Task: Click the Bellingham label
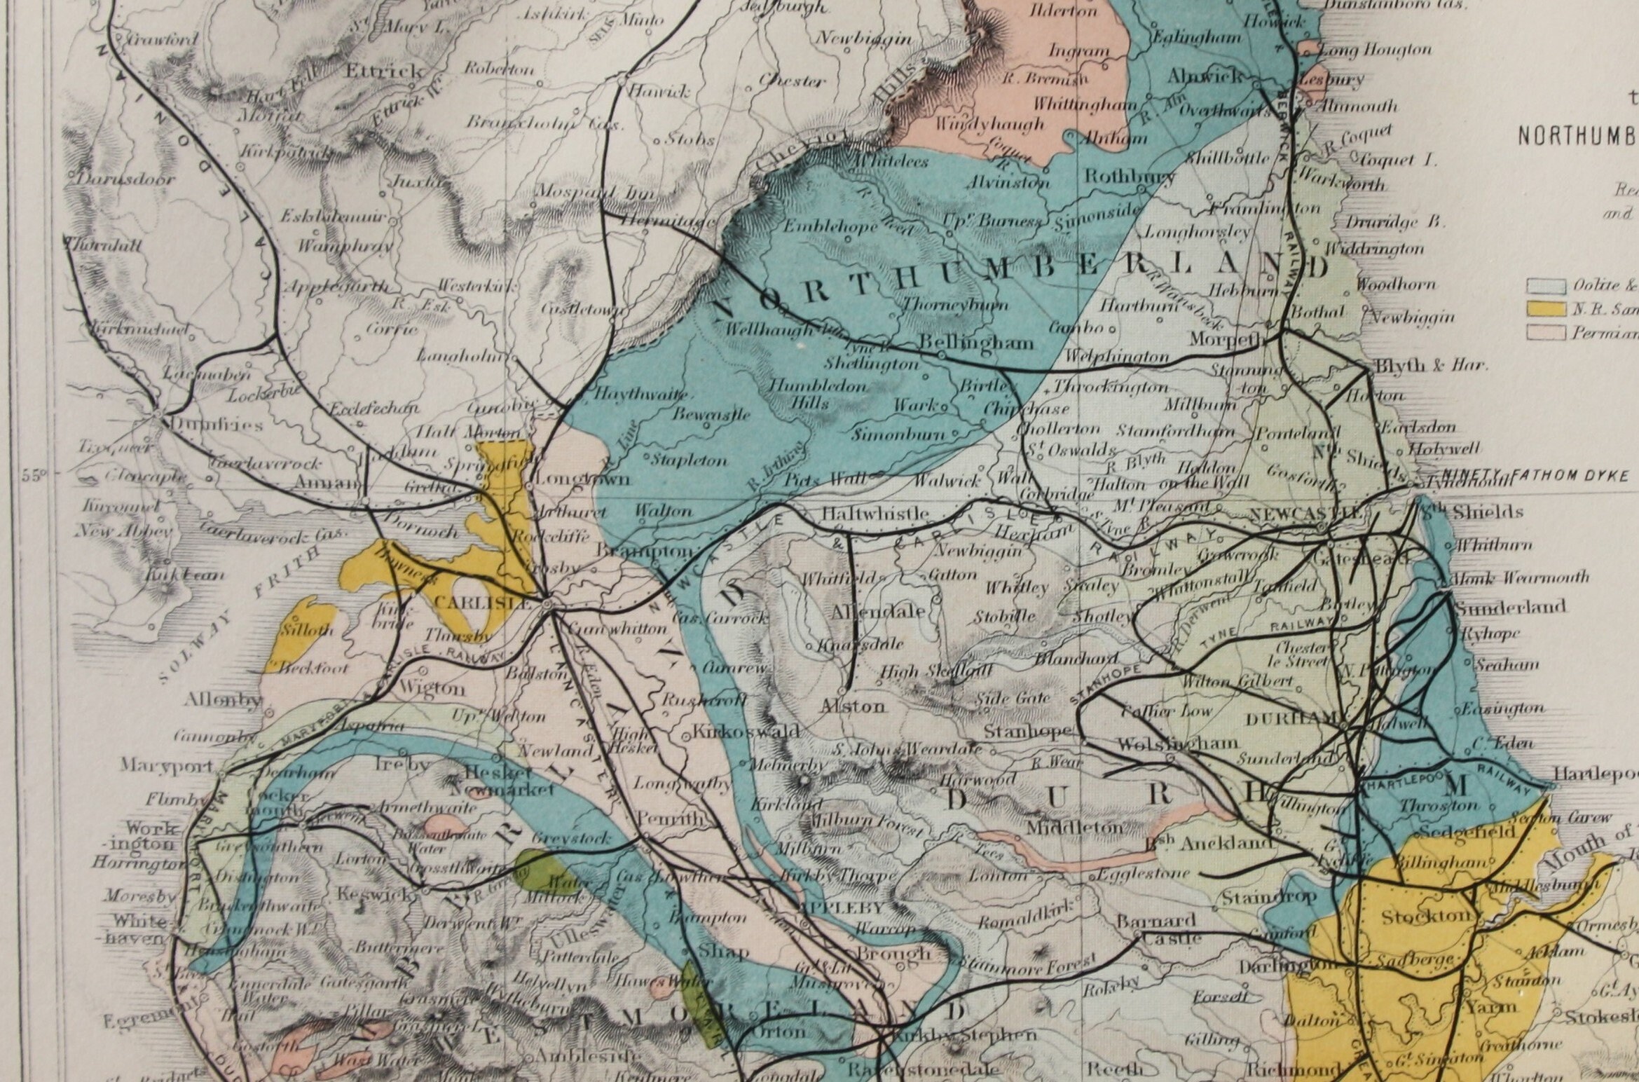click(x=976, y=343)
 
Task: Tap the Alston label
click(x=853, y=706)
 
